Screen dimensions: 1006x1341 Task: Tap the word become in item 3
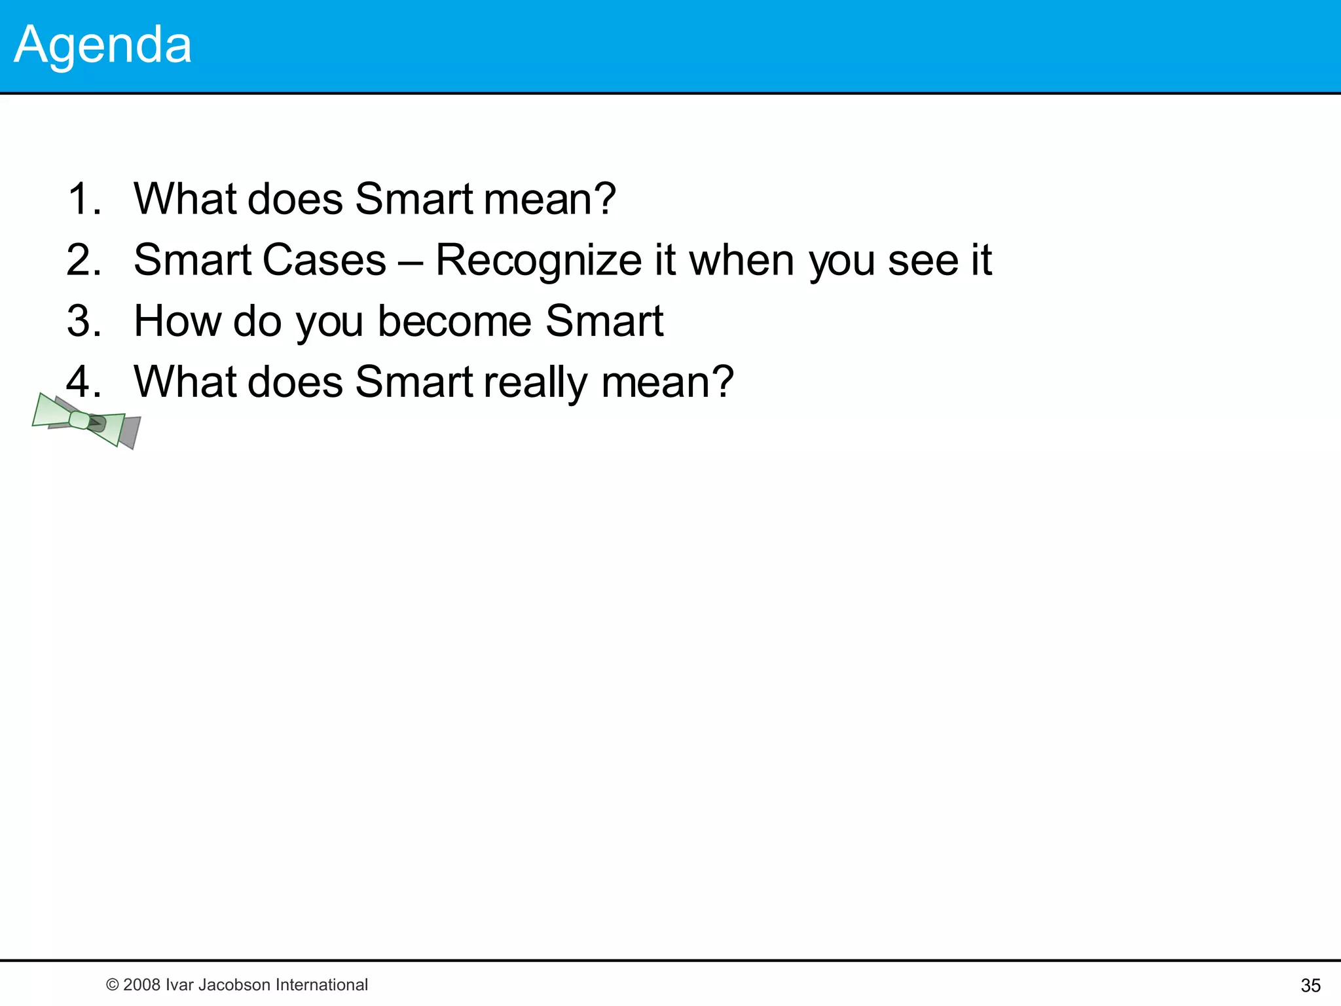[454, 321]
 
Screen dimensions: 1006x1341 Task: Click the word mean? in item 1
[549, 198]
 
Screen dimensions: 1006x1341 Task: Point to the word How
[177, 321]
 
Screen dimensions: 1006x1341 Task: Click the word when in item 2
[742, 260]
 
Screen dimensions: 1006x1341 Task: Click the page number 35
[1310, 985]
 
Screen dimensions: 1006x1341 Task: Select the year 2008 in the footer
[141, 985]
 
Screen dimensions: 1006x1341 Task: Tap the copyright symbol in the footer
[112, 985]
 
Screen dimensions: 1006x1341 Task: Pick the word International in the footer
[321, 985]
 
